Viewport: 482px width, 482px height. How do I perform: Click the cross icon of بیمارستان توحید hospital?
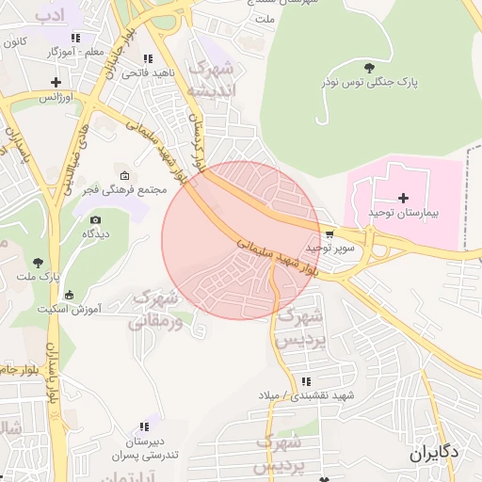(404, 198)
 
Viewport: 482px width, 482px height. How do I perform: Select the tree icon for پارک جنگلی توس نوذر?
(369, 67)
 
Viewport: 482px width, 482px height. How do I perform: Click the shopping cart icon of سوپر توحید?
(329, 234)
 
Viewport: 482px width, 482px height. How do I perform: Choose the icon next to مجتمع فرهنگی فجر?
(125, 176)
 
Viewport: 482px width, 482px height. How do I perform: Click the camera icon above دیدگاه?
(95, 220)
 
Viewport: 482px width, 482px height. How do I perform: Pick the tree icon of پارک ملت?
(38, 263)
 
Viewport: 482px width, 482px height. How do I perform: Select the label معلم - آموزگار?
(74, 54)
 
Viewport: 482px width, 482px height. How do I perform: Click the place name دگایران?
(434, 454)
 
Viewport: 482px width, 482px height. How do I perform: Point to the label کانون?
(14, 42)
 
